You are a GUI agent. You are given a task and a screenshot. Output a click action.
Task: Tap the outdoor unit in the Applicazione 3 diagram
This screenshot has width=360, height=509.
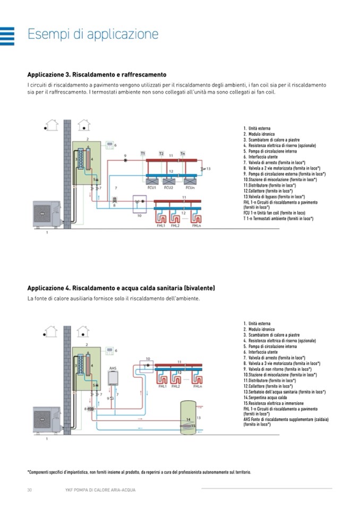[x=46, y=213]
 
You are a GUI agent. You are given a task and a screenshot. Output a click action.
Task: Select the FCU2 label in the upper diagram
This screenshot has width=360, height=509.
[x=168, y=187]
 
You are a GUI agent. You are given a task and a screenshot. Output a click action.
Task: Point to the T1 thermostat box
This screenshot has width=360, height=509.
[x=143, y=153]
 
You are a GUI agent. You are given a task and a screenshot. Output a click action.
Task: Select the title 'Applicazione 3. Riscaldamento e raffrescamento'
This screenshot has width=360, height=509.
[x=97, y=74]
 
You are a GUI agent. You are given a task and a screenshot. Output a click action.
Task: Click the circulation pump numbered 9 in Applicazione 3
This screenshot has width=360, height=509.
[x=125, y=158]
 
